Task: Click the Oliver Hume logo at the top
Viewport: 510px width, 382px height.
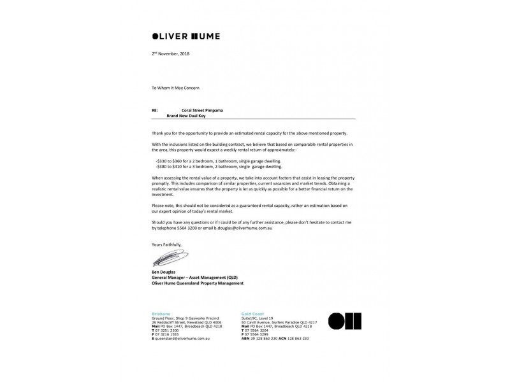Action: (186, 36)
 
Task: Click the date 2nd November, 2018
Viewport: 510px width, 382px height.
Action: (170, 53)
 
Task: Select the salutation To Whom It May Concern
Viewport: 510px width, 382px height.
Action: (179, 87)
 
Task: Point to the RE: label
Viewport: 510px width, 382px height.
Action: (155, 110)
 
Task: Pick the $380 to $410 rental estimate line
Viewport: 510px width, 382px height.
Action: (219, 166)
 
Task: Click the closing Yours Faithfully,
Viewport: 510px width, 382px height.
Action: (166, 244)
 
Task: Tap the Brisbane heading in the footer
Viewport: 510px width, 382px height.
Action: (161, 314)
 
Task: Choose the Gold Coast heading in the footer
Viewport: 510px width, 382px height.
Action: (252, 314)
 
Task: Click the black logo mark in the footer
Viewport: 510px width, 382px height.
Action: (344, 321)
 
